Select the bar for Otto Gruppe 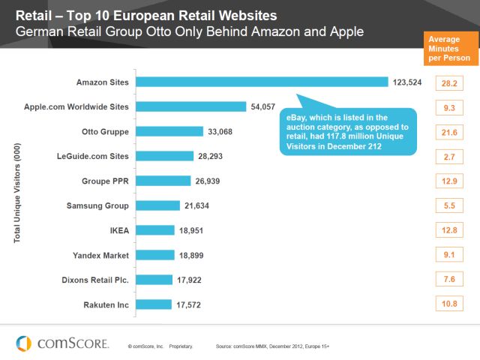[170, 131]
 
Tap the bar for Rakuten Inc [154, 304]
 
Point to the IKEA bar [157, 230]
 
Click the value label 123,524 [408, 82]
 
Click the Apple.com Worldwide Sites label [88, 106]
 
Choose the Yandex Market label [101, 255]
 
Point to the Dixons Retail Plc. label [94, 280]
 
